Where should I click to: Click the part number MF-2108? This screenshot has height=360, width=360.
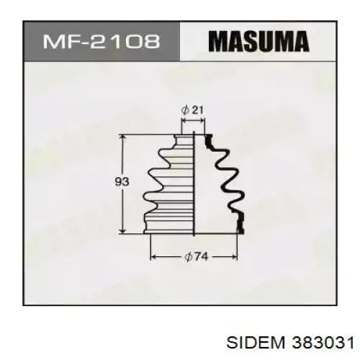tap(102, 41)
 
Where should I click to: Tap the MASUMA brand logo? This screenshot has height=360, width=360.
tap(258, 41)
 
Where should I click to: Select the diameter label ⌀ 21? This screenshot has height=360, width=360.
tap(193, 110)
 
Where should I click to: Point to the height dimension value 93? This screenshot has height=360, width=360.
tap(122, 181)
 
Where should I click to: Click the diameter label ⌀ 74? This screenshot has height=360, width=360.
tap(196, 257)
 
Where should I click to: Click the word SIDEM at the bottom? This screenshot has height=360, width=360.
tap(255, 343)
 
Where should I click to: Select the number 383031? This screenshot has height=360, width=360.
tap(323, 343)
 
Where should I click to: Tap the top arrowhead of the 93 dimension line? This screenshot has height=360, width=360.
tap(123, 138)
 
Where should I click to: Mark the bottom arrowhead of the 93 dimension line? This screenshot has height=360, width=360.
tap(123, 230)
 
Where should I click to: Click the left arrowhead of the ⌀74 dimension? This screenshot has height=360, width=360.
tap(153, 257)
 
